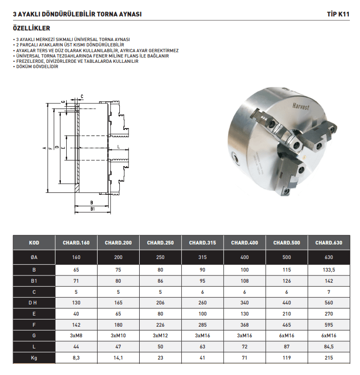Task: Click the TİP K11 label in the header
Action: click(x=338, y=14)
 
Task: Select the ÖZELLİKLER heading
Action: click(x=31, y=28)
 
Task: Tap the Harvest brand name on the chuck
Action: click(x=301, y=106)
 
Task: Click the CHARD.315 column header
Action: click(x=202, y=243)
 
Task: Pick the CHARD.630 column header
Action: click(x=329, y=243)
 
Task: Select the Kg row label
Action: click(x=34, y=358)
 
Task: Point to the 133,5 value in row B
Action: click(x=329, y=270)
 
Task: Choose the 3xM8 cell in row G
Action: click(x=76, y=335)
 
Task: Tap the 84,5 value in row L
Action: click(x=329, y=347)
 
